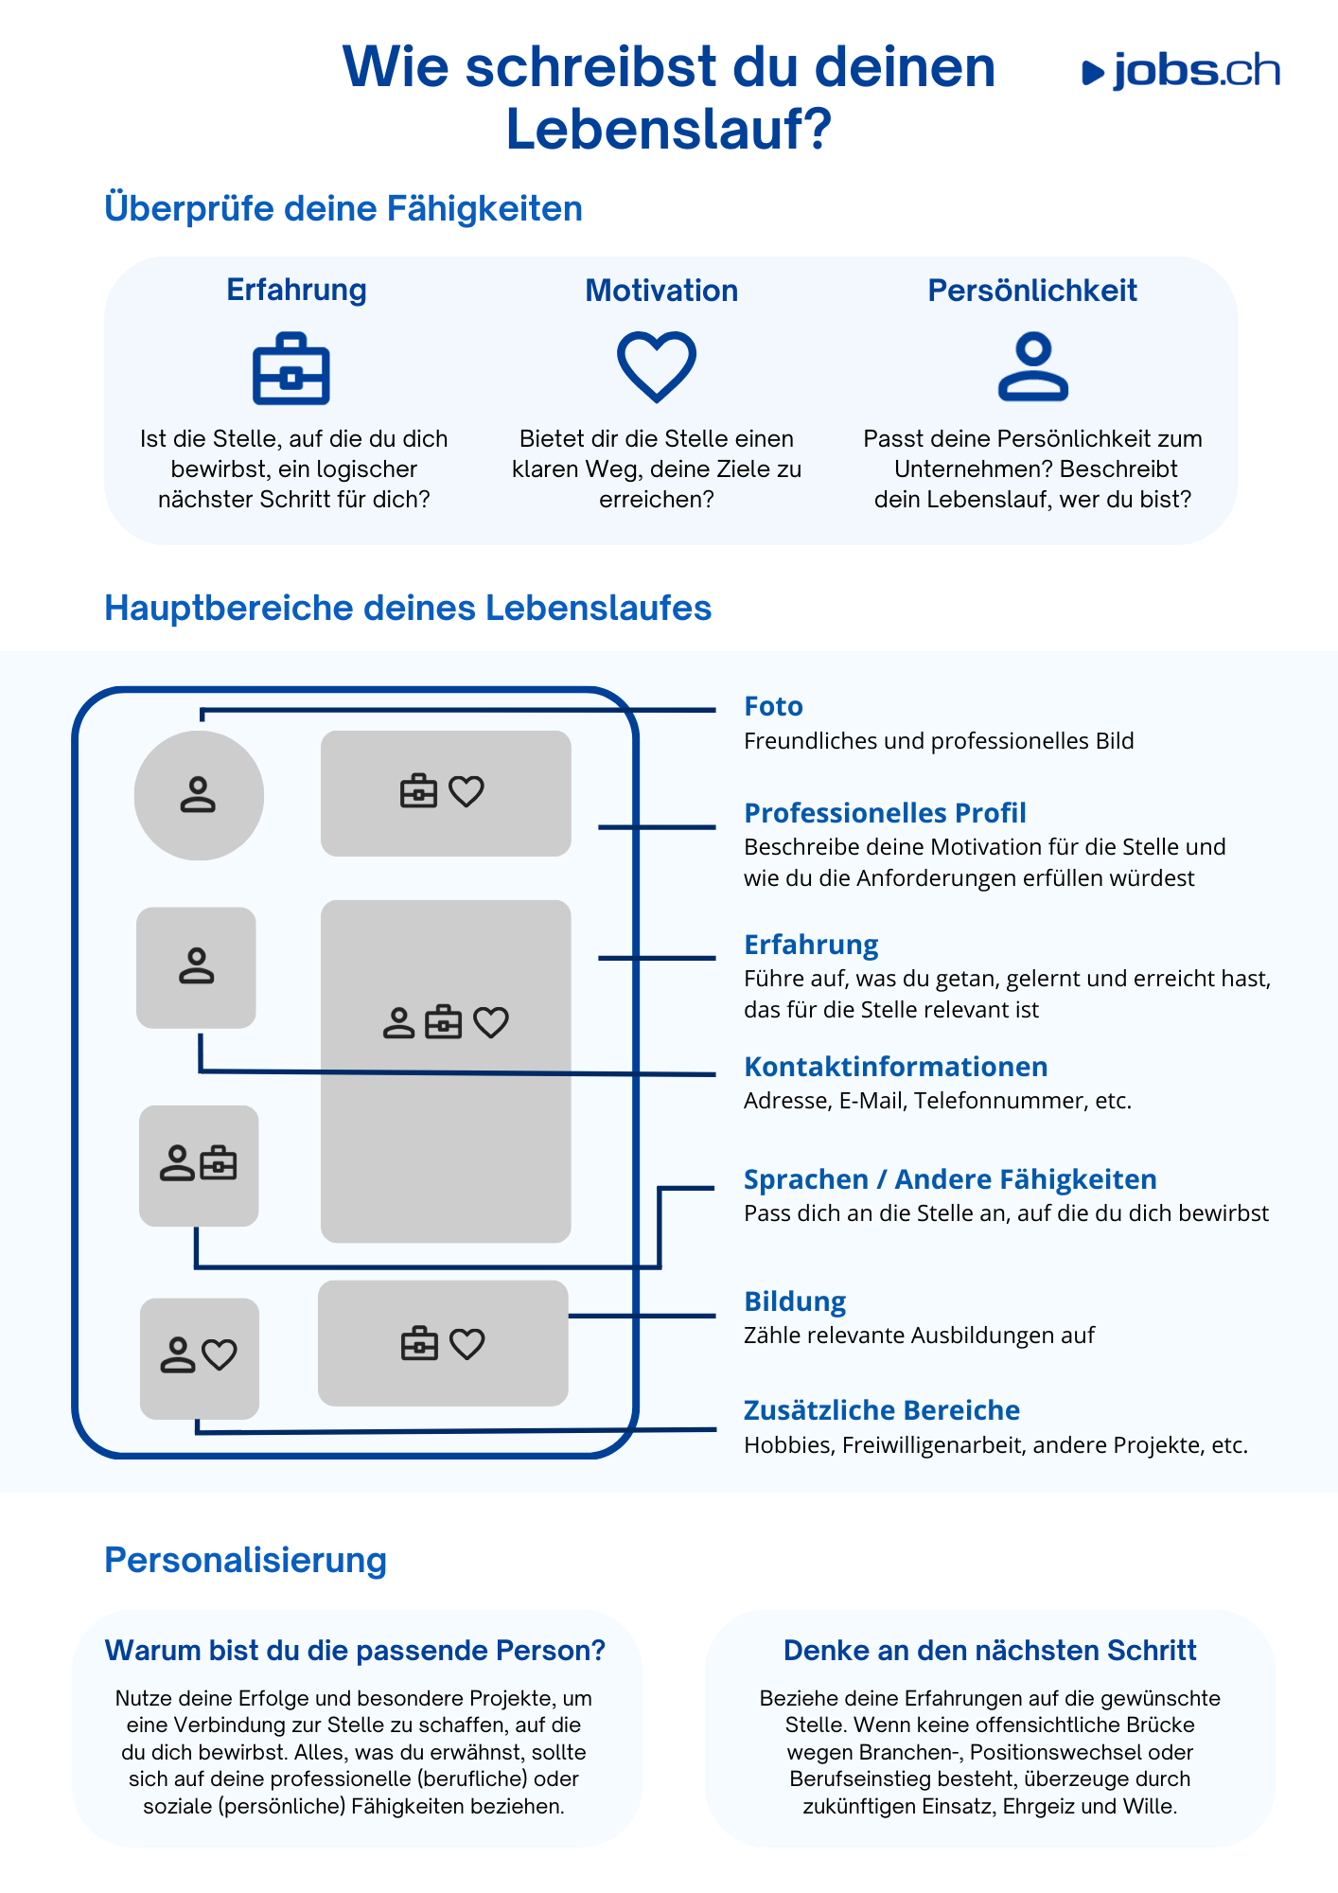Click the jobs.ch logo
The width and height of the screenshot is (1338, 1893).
point(1181,72)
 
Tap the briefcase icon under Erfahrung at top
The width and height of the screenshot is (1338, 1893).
point(291,369)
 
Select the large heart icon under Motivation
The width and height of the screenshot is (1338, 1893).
point(657,366)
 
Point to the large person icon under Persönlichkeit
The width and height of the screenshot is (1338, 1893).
point(1033,366)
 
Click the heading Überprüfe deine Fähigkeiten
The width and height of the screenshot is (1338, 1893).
point(343,209)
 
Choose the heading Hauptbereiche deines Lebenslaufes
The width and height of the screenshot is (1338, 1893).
point(408,608)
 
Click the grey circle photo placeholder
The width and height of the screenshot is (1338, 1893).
point(199,795)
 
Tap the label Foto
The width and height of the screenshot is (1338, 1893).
point(773,706)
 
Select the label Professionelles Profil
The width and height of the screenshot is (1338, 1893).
point(885,813)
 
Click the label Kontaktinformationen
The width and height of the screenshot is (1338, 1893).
point(895,1067)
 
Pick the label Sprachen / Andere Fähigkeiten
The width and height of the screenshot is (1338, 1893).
point(950,1179)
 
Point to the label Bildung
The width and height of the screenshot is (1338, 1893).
point(795,1302)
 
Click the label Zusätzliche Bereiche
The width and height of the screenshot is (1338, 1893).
point(882,1410)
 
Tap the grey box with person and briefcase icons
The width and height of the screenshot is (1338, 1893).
point(199,1165)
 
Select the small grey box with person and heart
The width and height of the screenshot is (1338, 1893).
point(200,1358)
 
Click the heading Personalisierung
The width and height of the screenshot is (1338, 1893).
point(246,1560)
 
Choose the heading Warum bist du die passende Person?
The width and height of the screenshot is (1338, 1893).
point(355,1651)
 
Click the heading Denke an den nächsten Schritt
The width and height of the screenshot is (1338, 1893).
point(990,1651)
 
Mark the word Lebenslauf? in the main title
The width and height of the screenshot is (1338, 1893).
point(668,129)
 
